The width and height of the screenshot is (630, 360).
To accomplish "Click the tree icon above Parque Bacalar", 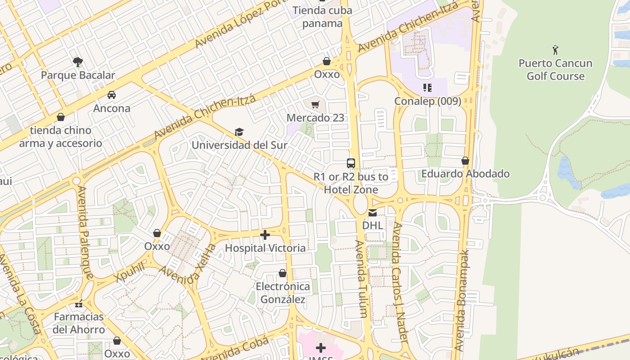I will click(78, 62).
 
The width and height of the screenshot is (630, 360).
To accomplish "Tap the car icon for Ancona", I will click(112, 95).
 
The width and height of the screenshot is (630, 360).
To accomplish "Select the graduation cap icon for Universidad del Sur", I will click(239, 132).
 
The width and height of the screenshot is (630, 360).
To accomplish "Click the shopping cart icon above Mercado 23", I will click(315, 104).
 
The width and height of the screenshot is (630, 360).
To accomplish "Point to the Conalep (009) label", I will click(427, 101).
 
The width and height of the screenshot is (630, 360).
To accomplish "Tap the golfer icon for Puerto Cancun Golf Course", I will click(555, 49).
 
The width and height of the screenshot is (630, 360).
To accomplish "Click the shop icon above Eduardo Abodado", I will click(465, 161).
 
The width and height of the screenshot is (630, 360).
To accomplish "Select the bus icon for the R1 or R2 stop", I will click(351, 163).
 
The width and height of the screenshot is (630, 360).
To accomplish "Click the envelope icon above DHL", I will click(373, 212).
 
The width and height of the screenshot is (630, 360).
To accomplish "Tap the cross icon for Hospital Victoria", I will click(265, 234).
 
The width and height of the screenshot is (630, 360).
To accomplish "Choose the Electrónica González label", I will click(283, 293).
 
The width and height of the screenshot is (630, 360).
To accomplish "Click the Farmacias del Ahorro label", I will click(79, 323).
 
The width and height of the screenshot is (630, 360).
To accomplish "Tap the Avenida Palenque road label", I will click(85, 233).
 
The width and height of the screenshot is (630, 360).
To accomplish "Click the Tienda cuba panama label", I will click(322, 17).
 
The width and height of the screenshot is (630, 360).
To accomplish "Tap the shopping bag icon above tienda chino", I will click(61, 117).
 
